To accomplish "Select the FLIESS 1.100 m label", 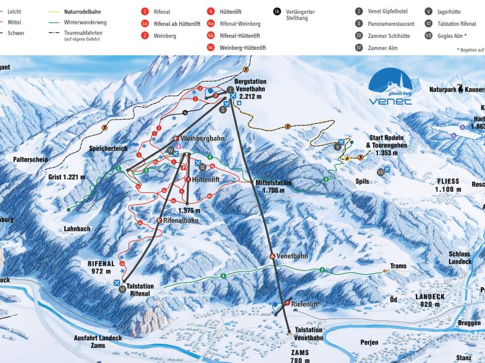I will pos(448,185).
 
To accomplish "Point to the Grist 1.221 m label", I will pos(67,177).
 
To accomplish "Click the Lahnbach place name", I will pos(76,229).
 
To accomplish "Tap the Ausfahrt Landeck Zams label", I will pos(98,342).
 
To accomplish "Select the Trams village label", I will pos(398,266).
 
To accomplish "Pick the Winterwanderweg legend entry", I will pos(84,22).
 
